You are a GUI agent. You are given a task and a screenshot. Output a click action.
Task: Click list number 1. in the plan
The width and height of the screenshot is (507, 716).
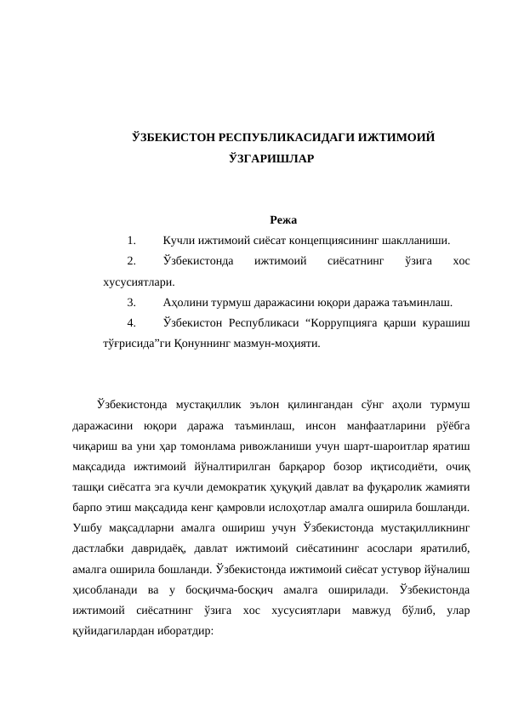(x=133, y=241)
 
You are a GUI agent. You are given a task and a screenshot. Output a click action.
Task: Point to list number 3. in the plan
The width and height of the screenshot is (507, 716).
(x=133, y=303)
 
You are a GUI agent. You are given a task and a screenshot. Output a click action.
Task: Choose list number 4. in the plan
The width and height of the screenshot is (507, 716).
(x=133, y=324)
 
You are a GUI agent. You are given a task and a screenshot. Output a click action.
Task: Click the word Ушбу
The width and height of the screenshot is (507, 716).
(x=89, y=528)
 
